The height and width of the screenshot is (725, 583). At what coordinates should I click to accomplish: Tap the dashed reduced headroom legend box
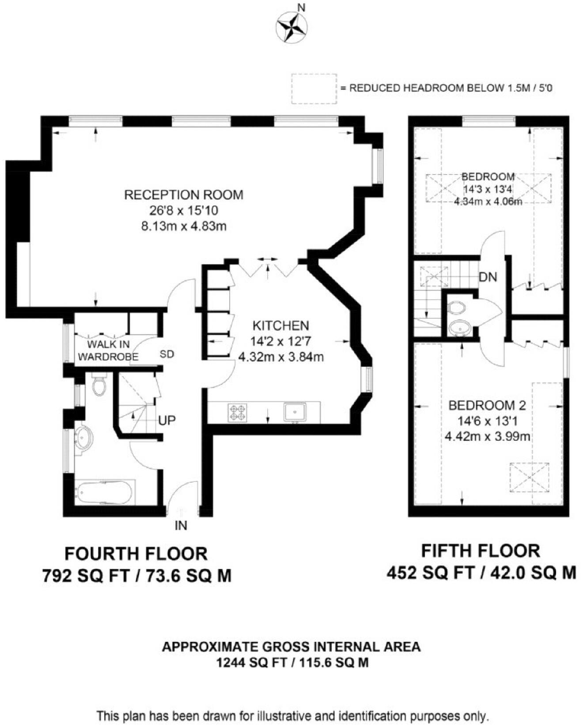pyautogui.click(x=314, y=88)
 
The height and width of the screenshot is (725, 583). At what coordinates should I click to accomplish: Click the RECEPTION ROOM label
pyautogui.click(x=183, y=195)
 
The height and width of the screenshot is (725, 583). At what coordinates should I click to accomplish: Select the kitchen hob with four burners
pyautogui.click(x=238, y=412)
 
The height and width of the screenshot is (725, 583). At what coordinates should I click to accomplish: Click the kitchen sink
pyautogui.click(x=295, y=412)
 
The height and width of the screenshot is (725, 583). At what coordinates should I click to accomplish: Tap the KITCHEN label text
pyautogui.click(x=280, y=326)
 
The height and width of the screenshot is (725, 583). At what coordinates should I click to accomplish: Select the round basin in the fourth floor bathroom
pyautogui.click(x=83, y=438)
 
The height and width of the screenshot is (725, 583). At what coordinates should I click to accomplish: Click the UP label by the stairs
pyautogui.click(x=167, y=420)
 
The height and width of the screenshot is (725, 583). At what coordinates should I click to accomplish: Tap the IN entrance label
pyautogui.click(x=181, y=525)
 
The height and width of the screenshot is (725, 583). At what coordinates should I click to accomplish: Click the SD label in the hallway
pyautogui.click(x=167, y=354)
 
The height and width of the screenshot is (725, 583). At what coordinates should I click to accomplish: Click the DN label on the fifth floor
pyautogui.click(x=488, y=277)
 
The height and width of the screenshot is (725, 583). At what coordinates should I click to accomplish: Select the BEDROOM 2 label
pyautogui.click(x=487, y=405)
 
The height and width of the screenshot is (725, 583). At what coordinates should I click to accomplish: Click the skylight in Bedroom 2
pyautogui.click(x=529, y=477)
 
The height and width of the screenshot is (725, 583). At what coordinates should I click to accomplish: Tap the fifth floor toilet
pyautogui.click(x=456, y=307)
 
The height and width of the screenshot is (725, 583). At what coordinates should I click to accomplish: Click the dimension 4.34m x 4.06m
pyautogui.click(x=488, y=202)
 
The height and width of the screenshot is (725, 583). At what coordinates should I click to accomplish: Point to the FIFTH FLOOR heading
pyautogui.click(x=481, y=551)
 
